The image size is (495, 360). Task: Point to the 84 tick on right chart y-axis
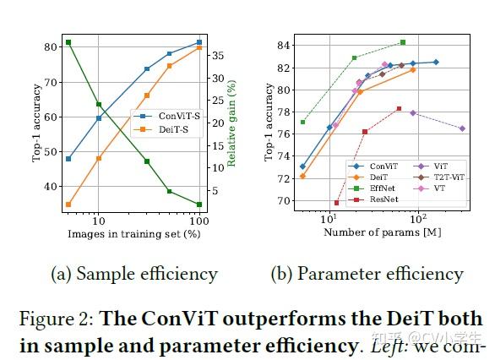coord(283,46)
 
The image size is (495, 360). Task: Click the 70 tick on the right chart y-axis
coord(283,201)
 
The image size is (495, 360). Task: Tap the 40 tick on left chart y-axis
coord(49,187)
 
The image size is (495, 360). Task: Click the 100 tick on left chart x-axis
coord(198,218)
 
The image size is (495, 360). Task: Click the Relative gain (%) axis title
coord(231,123)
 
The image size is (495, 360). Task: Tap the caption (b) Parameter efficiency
coord(367,274)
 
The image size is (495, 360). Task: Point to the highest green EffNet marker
coord(403,42)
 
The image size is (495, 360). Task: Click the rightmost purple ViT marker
coord(462,128)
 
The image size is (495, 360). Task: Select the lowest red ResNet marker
coord(336,203)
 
